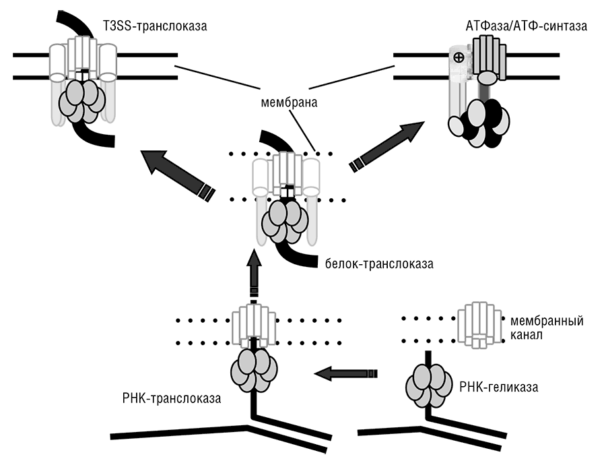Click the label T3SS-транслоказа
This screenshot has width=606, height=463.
(155, 26)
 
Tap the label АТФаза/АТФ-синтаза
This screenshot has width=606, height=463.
(527, 26)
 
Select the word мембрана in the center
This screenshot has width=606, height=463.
(289, 102)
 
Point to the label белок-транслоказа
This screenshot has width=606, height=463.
(379, 264)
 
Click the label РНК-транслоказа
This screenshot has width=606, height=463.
(172, 398)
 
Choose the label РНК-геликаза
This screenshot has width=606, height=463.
(498, 387)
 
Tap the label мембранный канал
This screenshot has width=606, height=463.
(547, 328)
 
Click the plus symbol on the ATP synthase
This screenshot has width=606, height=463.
(459, 58)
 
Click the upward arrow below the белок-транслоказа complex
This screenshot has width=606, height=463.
(254, 277)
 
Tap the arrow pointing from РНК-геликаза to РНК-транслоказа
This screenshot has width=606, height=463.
(346, 373)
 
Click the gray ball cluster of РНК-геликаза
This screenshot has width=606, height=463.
(429, 386)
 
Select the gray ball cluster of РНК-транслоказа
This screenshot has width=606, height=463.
(254, 370)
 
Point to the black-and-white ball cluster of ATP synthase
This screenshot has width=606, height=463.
(479, 123)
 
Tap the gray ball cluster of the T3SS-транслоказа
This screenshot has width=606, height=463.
(81, 101)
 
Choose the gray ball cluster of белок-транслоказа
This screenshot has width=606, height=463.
(285, 222)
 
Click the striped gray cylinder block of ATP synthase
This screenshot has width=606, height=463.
(489, 55)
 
